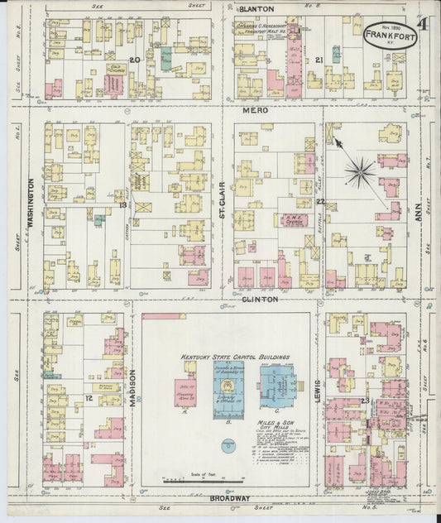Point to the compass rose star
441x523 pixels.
tap(360, 173)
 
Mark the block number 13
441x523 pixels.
tap(122, 204)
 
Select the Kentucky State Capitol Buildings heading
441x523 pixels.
tap(236, 358)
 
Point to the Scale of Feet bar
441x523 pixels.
tap(204, 480)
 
